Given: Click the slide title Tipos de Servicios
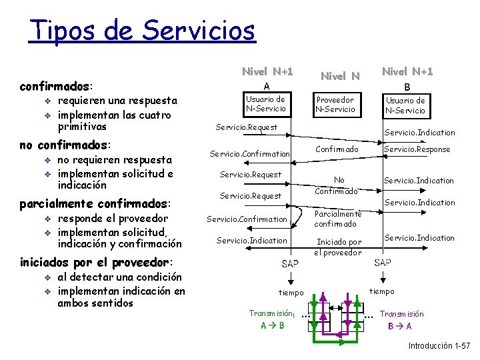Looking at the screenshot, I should pyautogui.click(x=142, y=30).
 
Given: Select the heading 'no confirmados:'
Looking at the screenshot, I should pyautogui.click(x=65, y=145).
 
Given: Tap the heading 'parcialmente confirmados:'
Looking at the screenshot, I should pyautogui.click(x=95, y=203).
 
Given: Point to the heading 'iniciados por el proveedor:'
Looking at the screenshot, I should pyautogui.click(x=96, y=262).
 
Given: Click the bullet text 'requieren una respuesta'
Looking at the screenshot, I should pyautogui.click(x=117, y=101).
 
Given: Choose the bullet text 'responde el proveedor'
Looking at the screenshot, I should pyautogui.click(x=113, y=218).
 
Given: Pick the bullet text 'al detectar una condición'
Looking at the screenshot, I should pyautogui.click(x=120, y=277).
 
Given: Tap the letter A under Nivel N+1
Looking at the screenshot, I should pyautogui.click(x=266, y=86).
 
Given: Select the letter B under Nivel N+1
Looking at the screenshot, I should pyautogui.click(x=406, y=86).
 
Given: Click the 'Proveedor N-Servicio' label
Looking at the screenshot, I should pyautogui.click(x=335, y=104).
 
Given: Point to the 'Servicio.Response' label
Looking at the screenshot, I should pyautogui.click(x=417, y=149).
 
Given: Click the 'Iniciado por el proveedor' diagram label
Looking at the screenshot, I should pyautogui.click(x=339, y=247).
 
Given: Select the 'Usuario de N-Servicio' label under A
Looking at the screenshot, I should pyautogui.click(x=265, y=104).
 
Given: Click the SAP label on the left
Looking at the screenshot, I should pyautogui.click(x=290, y=263).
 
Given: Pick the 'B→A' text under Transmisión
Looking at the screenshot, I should pyautogui.click(x=400, y=326).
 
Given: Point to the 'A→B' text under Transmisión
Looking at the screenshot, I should pyautogui.click(x=273, y=326).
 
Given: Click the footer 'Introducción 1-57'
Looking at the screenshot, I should pyautogui.click(x=439, y=346).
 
